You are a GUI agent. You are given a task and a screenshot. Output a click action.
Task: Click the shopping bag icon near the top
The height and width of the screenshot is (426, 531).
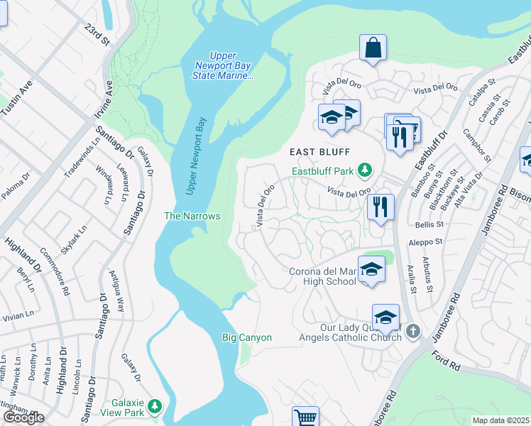(373, 48)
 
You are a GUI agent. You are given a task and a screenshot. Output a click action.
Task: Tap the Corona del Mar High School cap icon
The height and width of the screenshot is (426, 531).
(370, 270)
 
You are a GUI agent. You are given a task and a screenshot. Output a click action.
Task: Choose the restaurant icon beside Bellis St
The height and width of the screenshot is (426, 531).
(381, 207)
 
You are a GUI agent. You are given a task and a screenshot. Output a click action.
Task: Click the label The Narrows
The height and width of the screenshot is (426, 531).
(192, 216)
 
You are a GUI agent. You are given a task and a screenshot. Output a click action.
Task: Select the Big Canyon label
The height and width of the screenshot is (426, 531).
(246, 337)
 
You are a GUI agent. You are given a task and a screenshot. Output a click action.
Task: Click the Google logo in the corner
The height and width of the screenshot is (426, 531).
(23, 417)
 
